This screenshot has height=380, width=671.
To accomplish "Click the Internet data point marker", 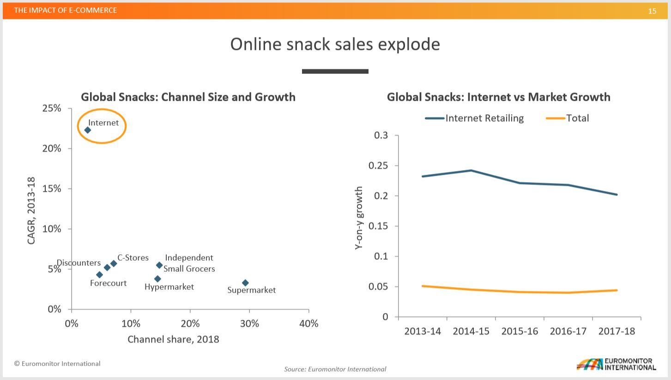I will tap(88, 130).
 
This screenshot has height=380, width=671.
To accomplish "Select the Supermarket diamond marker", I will tap(245, 283).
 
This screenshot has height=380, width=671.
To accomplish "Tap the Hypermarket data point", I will tap(157, 279).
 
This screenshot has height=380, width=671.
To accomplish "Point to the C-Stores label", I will tap(133, 257).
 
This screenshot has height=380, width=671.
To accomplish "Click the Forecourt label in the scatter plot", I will tap(108, 283).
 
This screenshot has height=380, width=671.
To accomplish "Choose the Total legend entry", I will tap(568, 118).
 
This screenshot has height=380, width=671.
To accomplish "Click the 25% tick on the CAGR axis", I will tap(52, 108).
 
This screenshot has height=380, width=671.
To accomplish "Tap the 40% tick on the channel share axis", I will tap(308, 324).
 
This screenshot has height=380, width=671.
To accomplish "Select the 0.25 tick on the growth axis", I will tap(378, 165).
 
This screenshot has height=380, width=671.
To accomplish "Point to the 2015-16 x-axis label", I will tap(520, 331).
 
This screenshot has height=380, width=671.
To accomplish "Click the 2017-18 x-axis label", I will tap(617, 331).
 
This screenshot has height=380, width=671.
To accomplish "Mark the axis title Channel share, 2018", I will tap(173, 339).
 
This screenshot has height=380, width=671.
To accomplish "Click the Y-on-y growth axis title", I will tap(359, 218).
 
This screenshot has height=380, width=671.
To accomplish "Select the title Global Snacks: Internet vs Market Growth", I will tap(498, 97).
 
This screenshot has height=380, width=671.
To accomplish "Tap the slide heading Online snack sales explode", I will tap(335, 44).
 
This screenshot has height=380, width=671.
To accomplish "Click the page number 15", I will tap(652, 11).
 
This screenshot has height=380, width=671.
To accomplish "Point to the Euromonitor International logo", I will tap(616, 364).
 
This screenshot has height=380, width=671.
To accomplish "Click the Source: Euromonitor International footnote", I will tap(335, 369).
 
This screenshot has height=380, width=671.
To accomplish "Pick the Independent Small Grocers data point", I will tap(159, 265).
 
